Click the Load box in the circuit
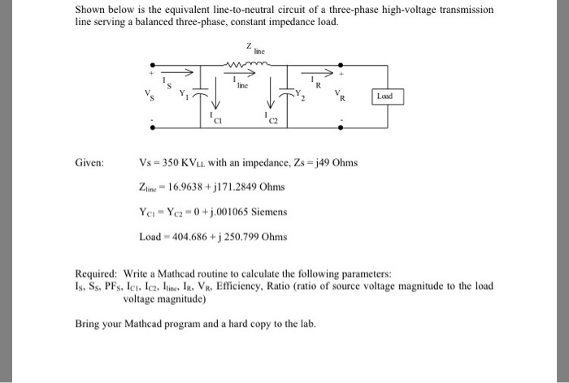(384, 97)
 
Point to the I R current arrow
(317, 73)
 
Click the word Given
(90, 163)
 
